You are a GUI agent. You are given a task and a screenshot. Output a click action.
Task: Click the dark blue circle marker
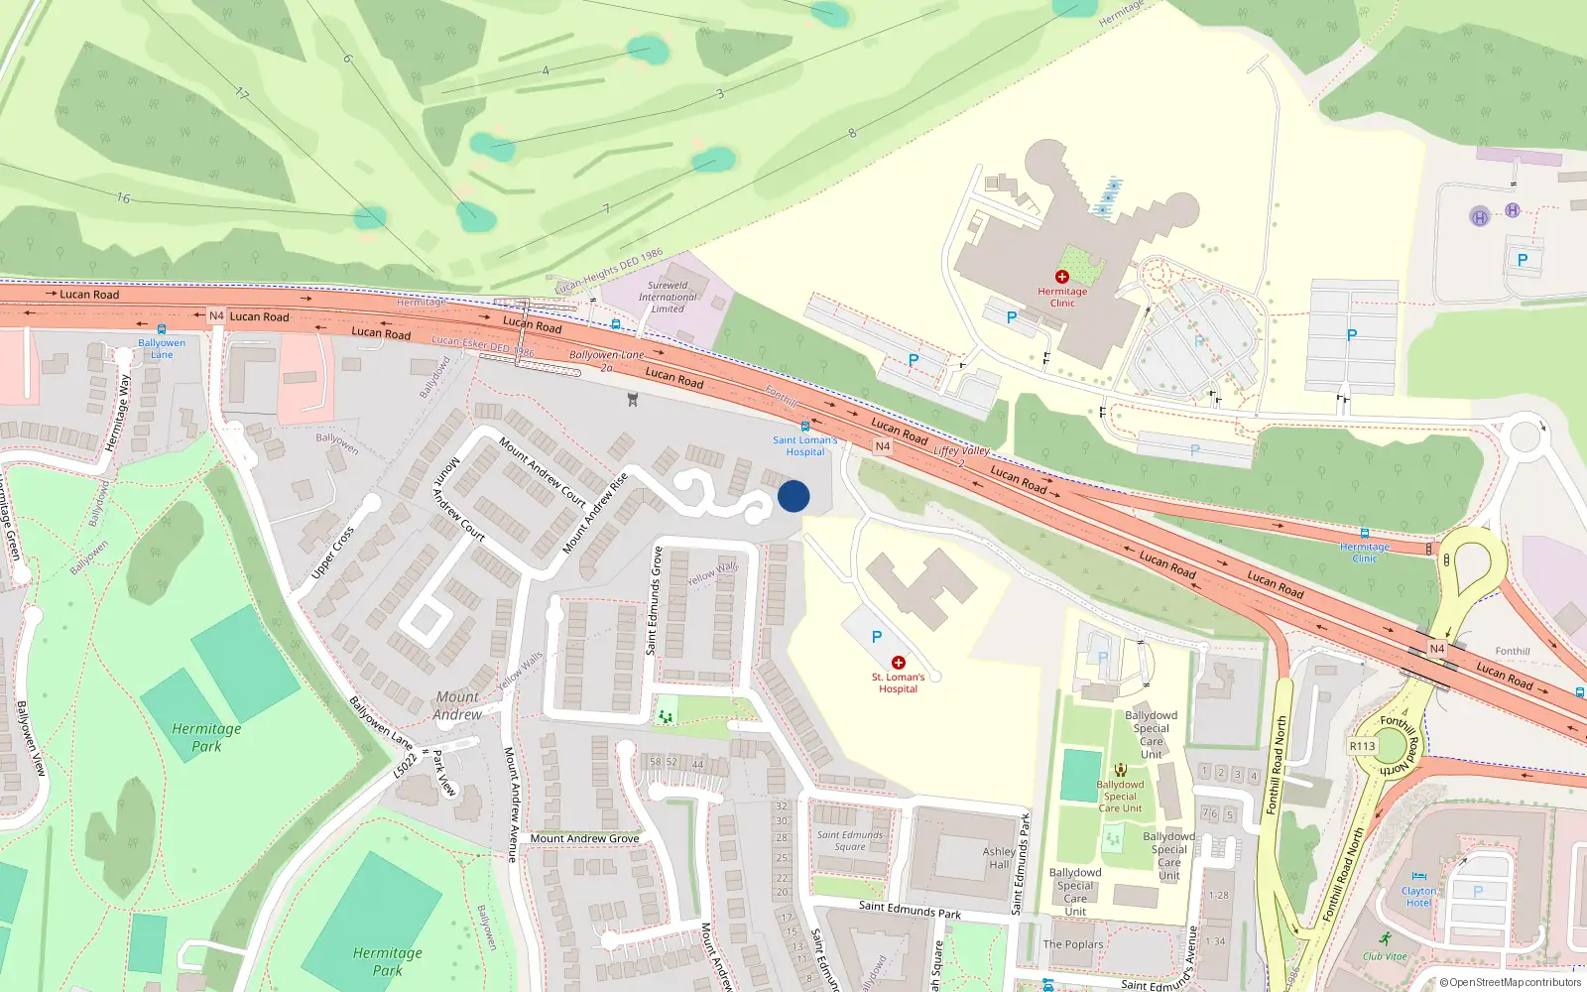point(793,496)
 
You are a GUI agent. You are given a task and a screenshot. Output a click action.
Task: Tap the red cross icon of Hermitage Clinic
point(1062,277)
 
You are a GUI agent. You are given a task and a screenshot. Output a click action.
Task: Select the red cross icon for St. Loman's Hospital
point(899,663)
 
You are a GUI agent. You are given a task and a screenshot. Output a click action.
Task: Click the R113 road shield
point(1362,746)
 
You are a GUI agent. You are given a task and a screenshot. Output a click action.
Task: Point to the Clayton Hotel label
point(1418,897)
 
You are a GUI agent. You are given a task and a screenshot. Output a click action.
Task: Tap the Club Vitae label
point(1385,956)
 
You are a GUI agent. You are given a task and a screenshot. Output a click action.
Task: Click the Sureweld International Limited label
point(668,297)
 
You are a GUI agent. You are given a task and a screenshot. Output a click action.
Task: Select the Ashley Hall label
point(999,858)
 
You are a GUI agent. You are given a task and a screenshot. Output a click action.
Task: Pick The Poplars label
point(1072,944)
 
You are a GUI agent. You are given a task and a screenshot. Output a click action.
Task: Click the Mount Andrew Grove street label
point(584,838)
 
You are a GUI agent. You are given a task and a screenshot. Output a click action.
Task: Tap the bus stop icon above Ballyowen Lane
point(162,329)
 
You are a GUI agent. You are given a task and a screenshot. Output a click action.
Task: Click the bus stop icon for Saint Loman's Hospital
point(805,427)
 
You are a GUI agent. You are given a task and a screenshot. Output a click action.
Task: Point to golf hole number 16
point(123,198)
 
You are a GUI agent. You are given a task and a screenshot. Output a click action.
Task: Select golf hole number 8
point(851,133)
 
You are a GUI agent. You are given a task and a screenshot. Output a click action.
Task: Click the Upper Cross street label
point(332,553)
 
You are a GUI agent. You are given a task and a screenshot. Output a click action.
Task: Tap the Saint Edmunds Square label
point(850,840)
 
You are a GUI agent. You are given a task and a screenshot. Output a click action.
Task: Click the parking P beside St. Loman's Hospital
point(876,637)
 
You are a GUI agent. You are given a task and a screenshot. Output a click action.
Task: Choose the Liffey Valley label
point(961,451)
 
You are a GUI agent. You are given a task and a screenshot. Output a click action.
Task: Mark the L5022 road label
point(405,765)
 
